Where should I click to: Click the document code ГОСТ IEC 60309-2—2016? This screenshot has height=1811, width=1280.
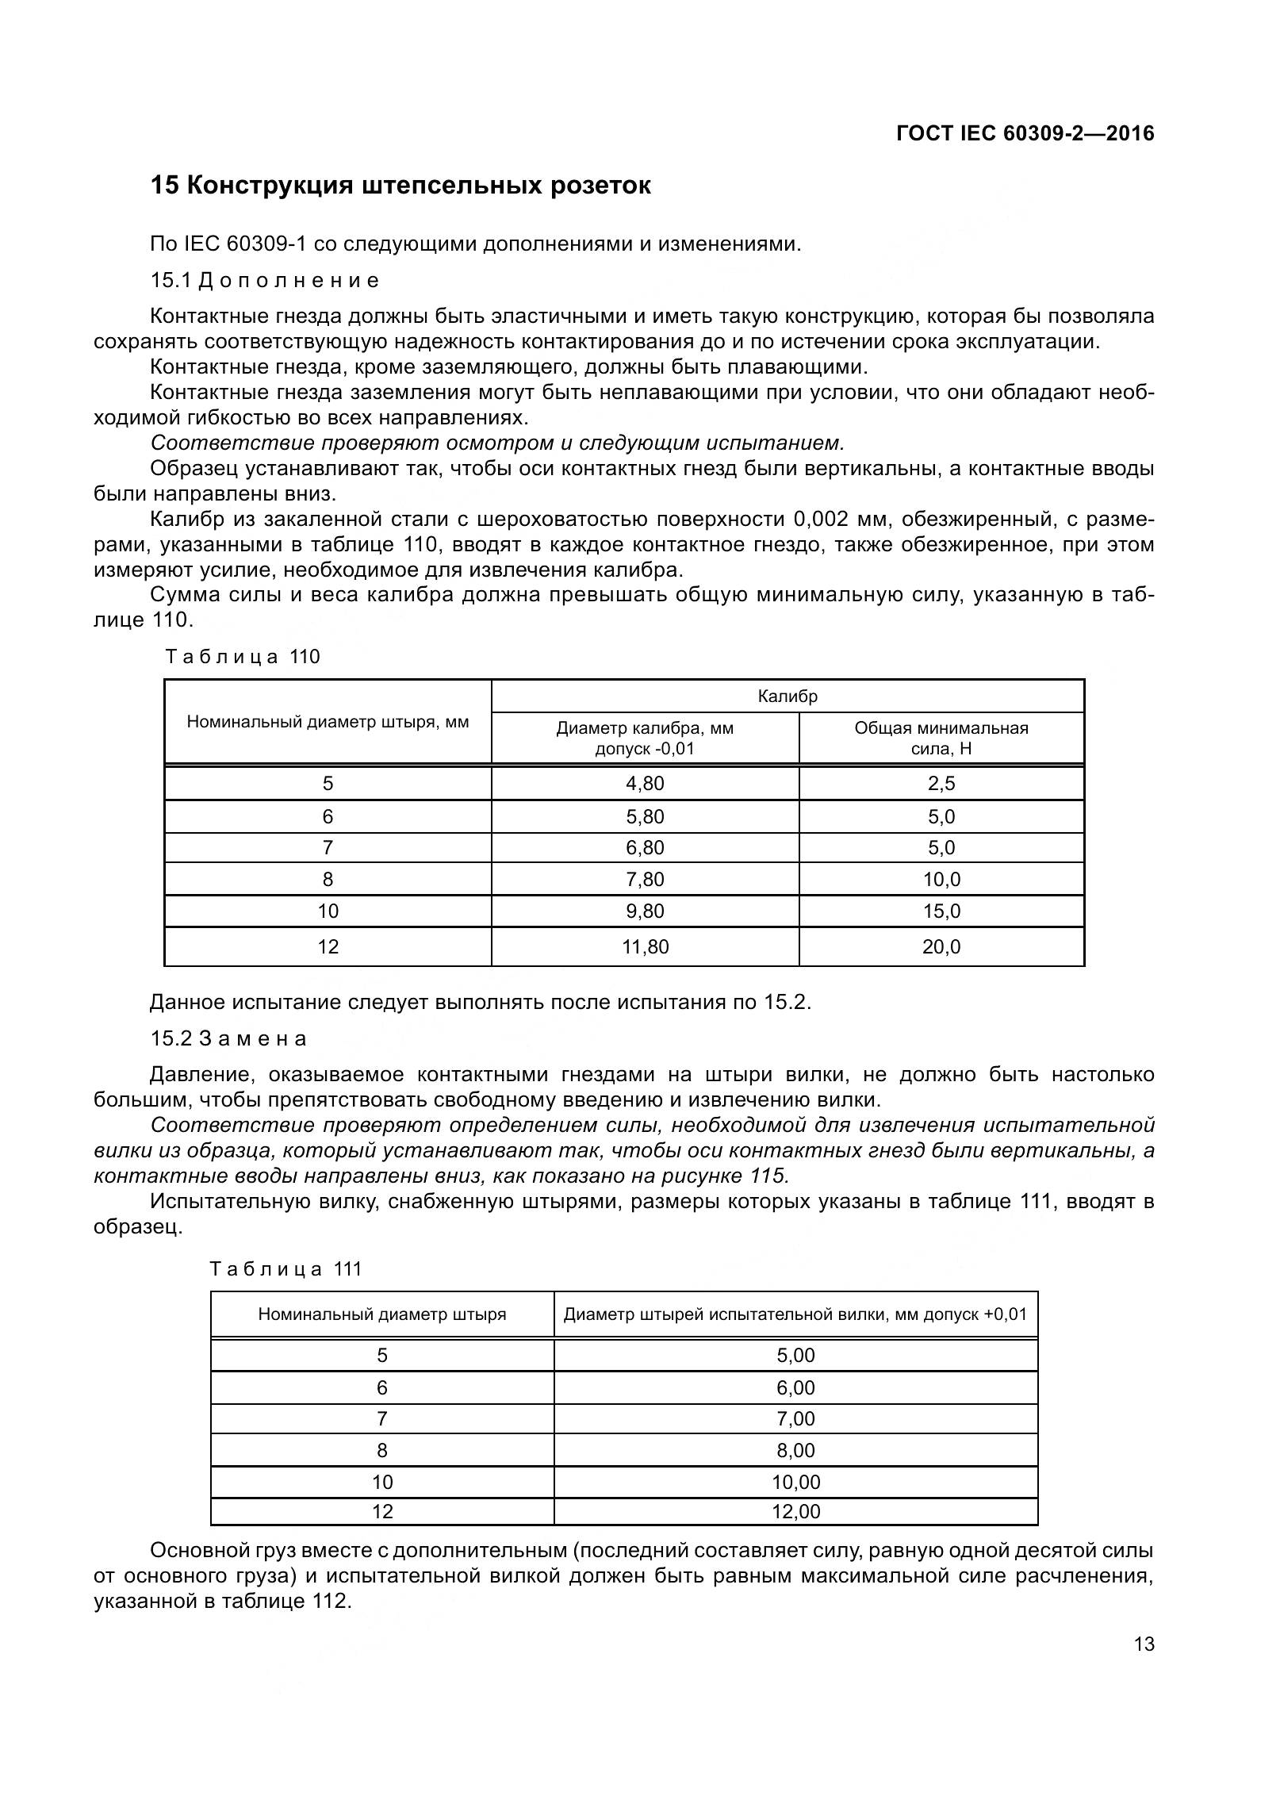click(1025, 133)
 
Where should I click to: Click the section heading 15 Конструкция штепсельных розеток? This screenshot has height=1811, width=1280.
click(400, 186)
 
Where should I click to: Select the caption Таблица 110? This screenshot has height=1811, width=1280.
click(243, 657)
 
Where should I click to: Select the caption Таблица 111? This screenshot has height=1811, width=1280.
click(286, 1268)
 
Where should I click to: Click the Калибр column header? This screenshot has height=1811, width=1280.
click(787, 696)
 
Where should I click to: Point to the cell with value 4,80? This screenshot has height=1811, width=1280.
click(645, 784)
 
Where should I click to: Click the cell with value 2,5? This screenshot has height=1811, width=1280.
click(941, 784)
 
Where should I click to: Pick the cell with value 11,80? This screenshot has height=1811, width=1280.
click(645, 946)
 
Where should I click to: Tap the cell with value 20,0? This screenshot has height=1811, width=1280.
click(941, 946)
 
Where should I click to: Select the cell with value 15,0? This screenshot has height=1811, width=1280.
click(941, 911)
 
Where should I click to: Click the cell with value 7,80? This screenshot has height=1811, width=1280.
click(645, 879)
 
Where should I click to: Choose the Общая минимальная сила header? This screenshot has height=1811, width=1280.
click(941, 738)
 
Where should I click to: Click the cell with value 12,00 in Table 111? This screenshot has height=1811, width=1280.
click(795, 1511)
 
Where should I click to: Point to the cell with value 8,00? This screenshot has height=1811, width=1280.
click(795, 1450)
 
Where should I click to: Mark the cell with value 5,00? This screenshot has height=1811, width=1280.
click(795, 1355)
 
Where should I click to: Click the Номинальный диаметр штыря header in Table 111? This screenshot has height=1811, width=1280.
click(381, 1314)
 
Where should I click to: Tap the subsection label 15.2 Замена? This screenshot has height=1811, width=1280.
click(228, 1038)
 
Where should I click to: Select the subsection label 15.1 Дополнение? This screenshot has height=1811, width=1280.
click(265, 280)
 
